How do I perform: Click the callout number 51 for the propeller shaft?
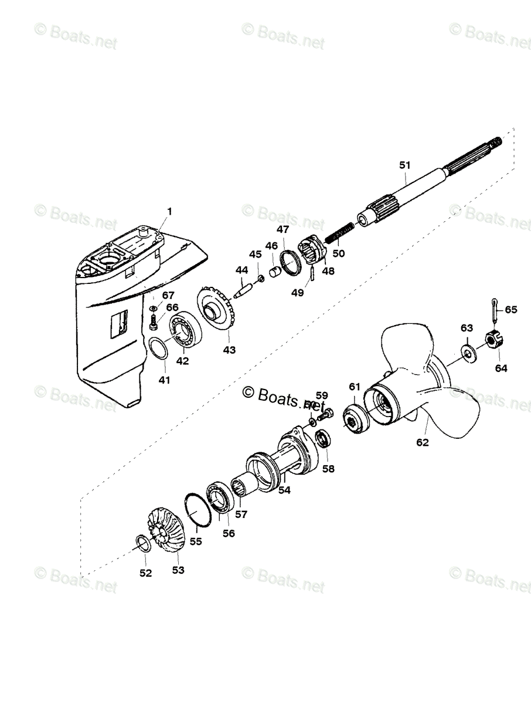(404, 165)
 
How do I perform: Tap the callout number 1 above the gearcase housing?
(169, 211)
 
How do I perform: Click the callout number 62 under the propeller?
(422, 442)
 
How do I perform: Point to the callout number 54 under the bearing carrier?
(284, 489)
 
